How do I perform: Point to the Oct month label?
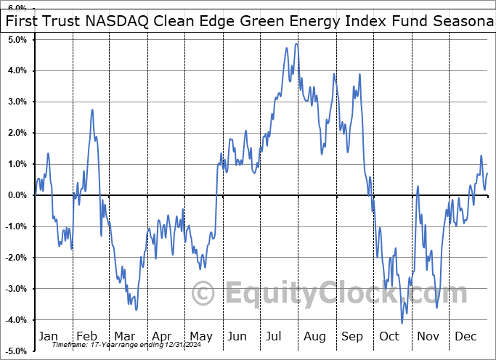point(389,337)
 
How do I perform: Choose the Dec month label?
point(466,337)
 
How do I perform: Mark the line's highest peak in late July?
point(296,44)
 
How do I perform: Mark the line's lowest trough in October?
point(402,323)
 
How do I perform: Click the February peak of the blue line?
point(92,110)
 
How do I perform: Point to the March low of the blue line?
point(136,309)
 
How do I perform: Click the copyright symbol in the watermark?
point(203,294)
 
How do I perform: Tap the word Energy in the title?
point(300,22)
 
